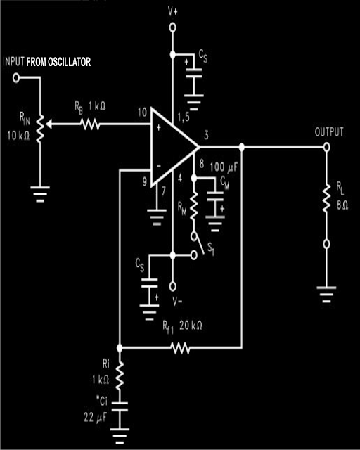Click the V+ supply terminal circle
[172, 27]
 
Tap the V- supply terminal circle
[172, 286]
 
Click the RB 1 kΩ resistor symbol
[90, 124]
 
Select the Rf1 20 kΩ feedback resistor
[180, 348]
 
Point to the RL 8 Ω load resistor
[326, 198]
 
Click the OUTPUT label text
[329, 131]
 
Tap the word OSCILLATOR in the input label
[69, 62]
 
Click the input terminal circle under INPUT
[16, 78]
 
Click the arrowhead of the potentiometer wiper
[49, 124]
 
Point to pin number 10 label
[142, 112]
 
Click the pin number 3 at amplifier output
[206, 134]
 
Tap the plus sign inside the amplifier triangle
[158, 127]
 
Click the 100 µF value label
[224, 167]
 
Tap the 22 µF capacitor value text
[96, 418]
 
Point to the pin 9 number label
[145, 181]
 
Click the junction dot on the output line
[242, 147]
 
